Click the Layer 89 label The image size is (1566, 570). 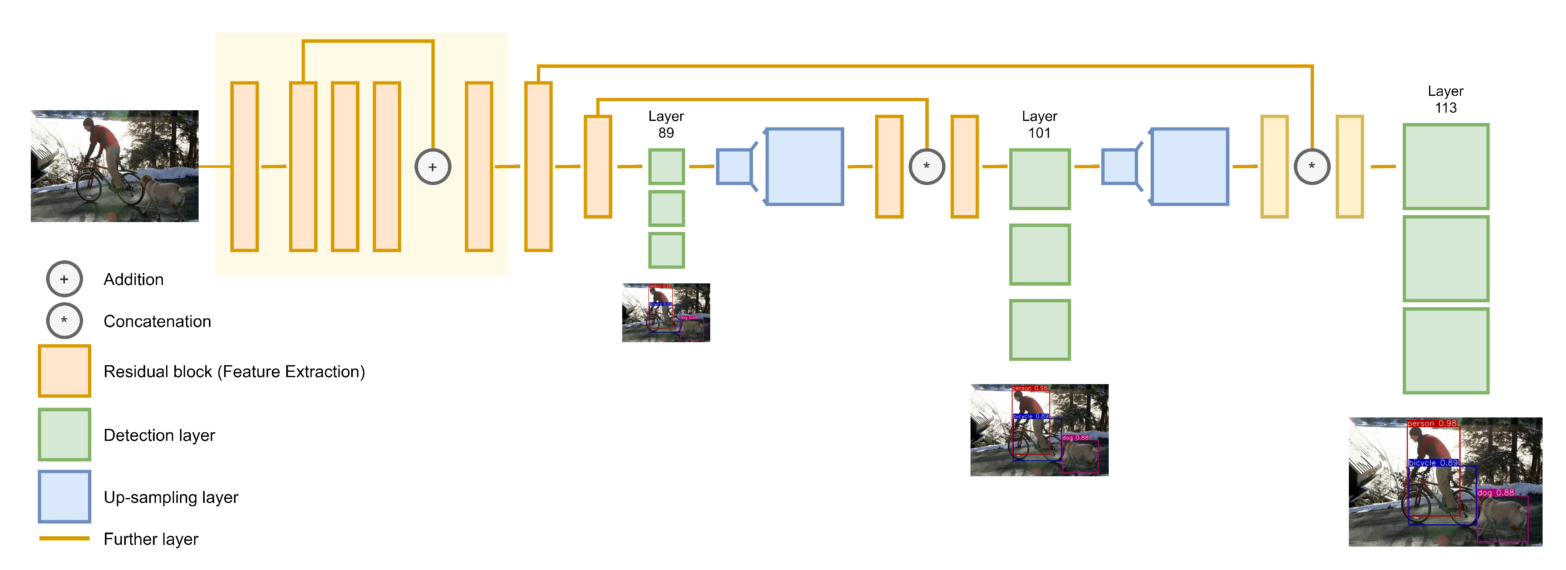666,125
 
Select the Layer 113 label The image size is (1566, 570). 1445,99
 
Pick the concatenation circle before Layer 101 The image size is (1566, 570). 927,167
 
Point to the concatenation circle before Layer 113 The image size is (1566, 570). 1312,167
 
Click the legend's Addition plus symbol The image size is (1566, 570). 65,279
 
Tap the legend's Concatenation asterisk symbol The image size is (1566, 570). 65,321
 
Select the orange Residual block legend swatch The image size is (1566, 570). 65,371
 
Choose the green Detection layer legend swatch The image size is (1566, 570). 65,434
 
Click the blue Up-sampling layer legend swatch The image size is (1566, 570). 65,496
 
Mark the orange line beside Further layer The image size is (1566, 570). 65,538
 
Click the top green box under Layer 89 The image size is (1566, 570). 666,167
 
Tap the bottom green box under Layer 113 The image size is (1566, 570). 1446,351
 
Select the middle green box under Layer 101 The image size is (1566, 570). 1040,255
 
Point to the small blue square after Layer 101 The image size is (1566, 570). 1119,167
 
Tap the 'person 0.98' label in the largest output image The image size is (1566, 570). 1432,423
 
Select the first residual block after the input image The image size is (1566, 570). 244,167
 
